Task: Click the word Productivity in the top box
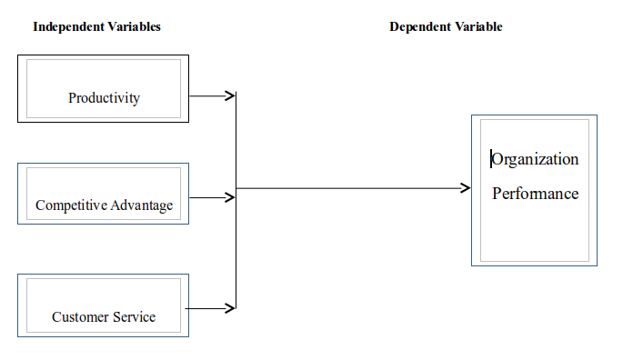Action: click(x=104, y=98)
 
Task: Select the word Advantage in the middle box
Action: click(x=142, y=205)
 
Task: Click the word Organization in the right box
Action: click(x=536, y=159)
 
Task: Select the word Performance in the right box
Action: click(x=536, y=194)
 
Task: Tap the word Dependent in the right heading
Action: click(x=420, y=27)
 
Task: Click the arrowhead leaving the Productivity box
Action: click(x=231, y=95)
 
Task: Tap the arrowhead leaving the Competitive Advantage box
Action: click(x=231, y=197)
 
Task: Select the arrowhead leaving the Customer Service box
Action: click(x=231, y=309)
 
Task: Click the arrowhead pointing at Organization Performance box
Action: click(x=466, y=188)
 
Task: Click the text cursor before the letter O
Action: click(x=491, y=159)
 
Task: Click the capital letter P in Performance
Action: click(x=497, y=194)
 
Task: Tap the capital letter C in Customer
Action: click(x=56, y=317)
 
